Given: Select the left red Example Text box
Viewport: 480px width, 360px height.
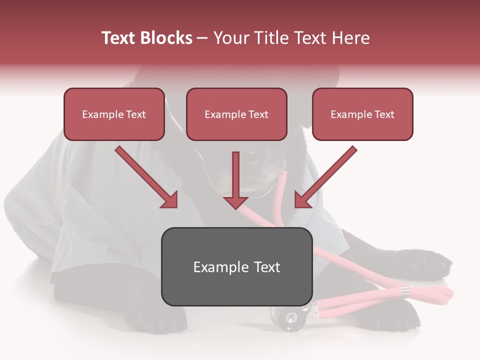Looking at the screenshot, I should tap(114, 114).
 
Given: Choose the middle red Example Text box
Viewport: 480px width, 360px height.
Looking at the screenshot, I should tap(236, 114).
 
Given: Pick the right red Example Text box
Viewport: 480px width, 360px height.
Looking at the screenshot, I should tap(362, 114).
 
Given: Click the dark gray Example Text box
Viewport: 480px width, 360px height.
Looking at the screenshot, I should tap(236, 267).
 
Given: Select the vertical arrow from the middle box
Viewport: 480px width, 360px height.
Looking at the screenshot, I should tap(236, 175).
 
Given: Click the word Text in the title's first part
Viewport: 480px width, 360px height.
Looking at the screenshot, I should tap(119, 38).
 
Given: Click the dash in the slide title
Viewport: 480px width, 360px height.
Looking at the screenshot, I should tap(202, 38).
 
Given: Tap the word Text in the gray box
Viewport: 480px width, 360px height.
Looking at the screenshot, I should tap(266, 267).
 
